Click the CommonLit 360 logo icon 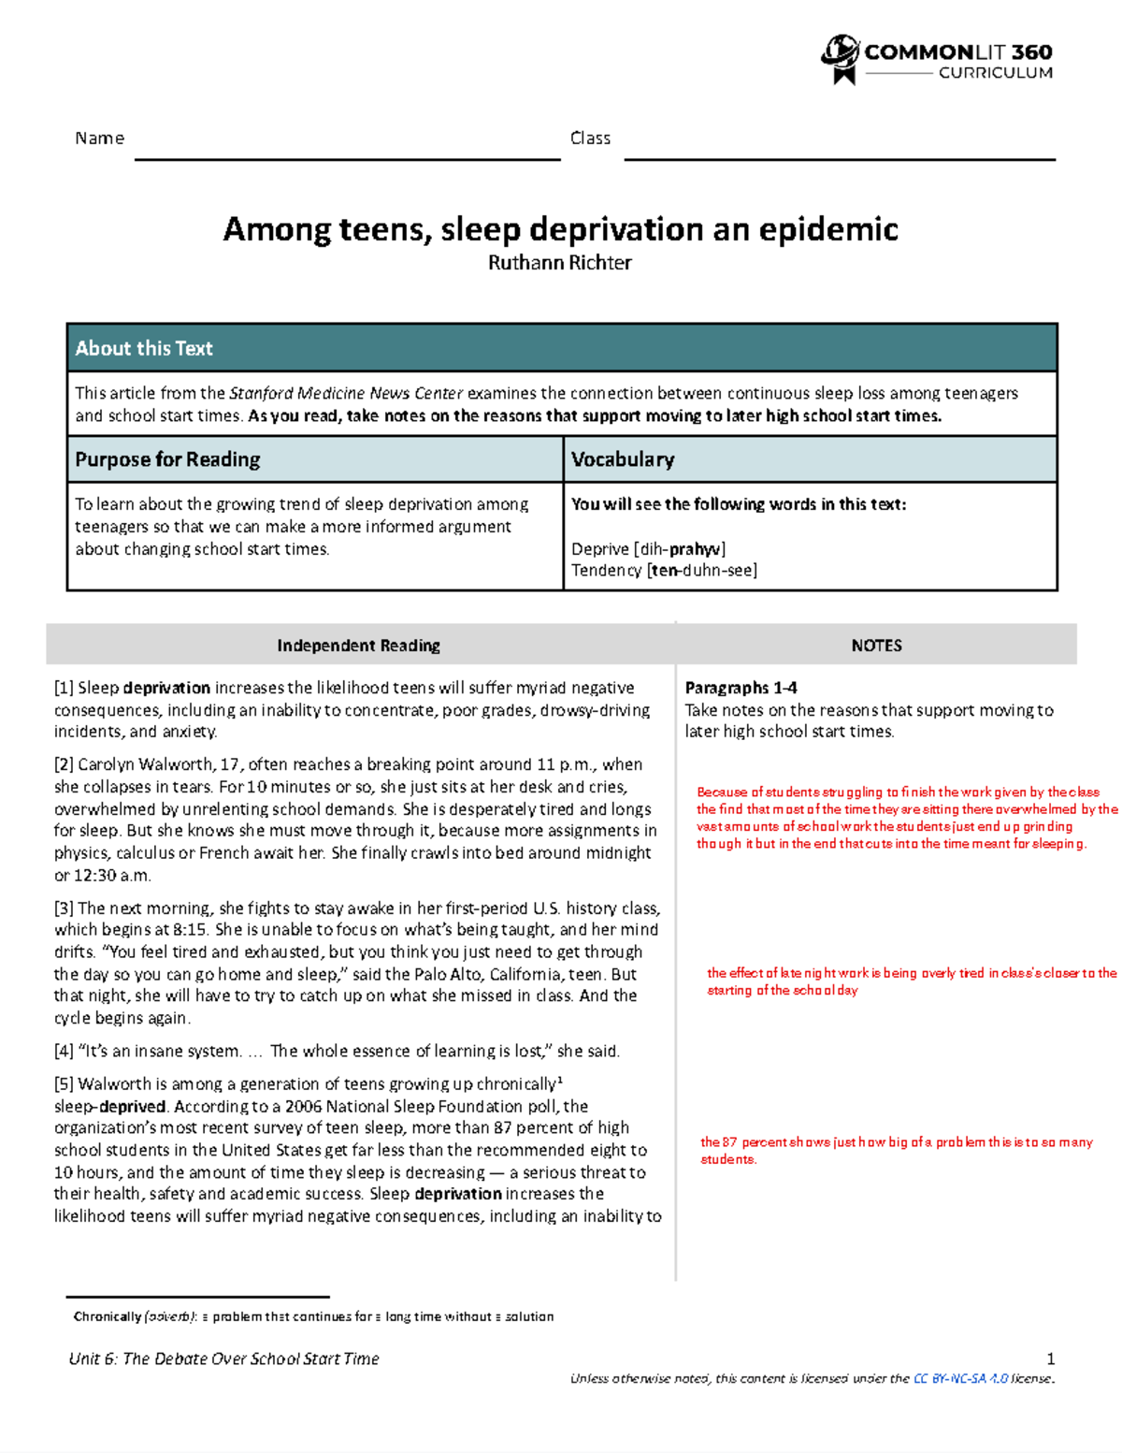point(840,58)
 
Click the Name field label point(99,138)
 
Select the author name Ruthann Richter point(559,263)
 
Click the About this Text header point(144,348)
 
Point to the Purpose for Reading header point(167,459)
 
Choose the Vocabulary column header point(622,459)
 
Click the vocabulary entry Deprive point(600,549)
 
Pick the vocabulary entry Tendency point(607,571)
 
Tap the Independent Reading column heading point(358,646)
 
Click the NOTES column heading point(876,646)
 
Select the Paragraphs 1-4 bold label point(741,688)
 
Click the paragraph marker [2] point(64,764)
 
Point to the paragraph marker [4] point(64,1052)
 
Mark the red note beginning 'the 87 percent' point(896,1150)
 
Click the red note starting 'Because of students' point(898,818)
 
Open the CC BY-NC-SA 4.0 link point(960,1378)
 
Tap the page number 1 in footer point(1050,1359)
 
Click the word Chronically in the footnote point(107,1316)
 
